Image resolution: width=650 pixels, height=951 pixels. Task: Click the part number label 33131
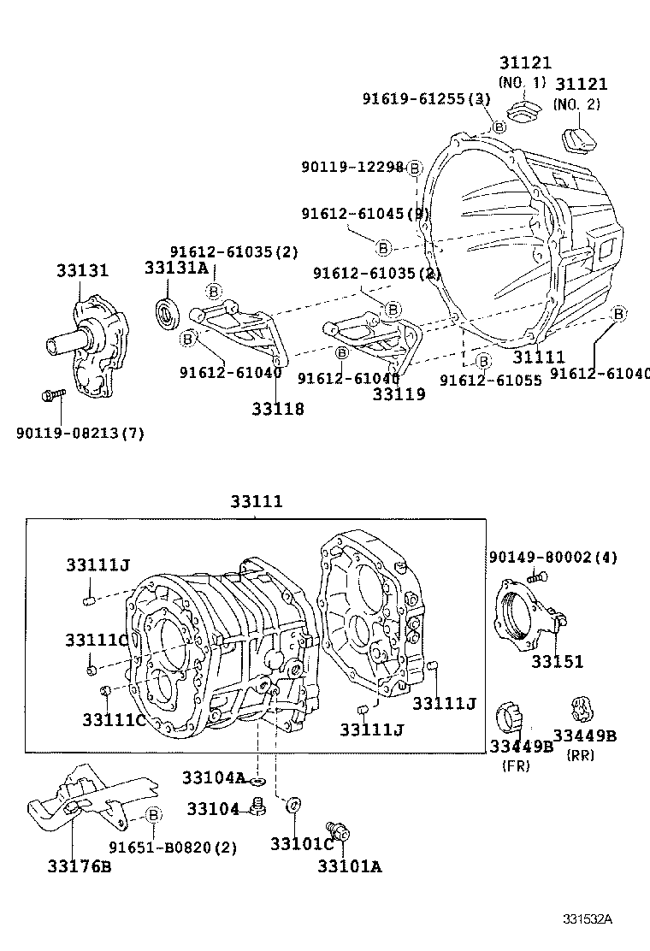click(x=83, y=270)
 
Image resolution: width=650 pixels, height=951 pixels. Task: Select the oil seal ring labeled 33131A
click(x=167, y=313)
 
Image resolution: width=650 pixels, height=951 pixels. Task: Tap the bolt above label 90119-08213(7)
click(x=52, y=395)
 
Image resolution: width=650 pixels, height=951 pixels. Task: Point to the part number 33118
click(x=278, y=409)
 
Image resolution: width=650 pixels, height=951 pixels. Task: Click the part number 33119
click(x=399, y=394)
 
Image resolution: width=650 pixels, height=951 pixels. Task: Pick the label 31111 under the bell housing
click(x=539, y=357)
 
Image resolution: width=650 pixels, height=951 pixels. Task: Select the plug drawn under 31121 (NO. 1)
click(x=521, y=110)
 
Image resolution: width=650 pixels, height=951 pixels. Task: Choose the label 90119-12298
click(x=352, y=167)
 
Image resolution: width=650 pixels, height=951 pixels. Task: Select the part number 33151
click(x=557, y=661)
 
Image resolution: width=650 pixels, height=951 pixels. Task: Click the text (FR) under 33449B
click(x=515, y=766)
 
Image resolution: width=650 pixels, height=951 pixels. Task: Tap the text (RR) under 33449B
click(x=581, y=754)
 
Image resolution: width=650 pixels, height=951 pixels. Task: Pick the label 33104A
click(x=213, y=777)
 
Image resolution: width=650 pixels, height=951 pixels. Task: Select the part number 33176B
click(x=80, y=866)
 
